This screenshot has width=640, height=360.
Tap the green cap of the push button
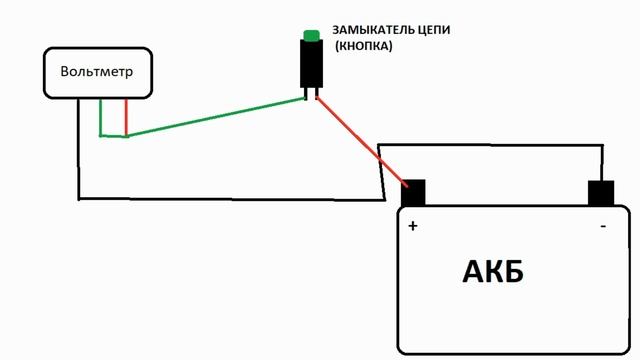[x=311, y=36]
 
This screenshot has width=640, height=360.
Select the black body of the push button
[x=311, y=64]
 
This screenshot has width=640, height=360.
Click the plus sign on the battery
[x=412, y=227]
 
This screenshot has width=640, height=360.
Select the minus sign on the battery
[x=602, y=227]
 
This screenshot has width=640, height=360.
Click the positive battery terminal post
[x=413, y=192]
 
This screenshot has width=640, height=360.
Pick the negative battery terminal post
[x=600, y=193]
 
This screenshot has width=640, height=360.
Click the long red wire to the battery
[x=360, y=140]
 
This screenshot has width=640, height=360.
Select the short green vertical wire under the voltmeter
[x=100, y=117]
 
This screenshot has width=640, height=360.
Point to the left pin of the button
[x=306, y=94]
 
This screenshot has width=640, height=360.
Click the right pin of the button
[x=317, y=94]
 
